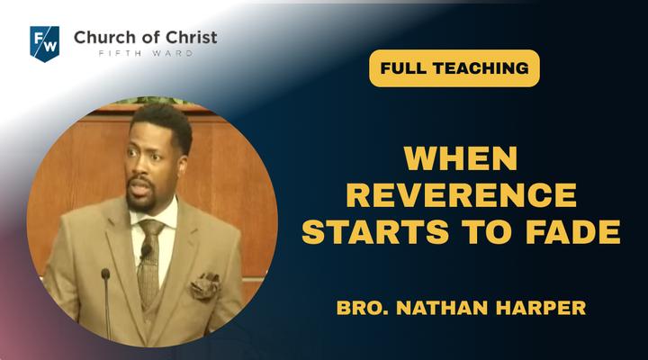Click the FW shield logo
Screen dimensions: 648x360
pyautogui.click(x=45, y=44)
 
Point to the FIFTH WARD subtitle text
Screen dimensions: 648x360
pyautogui.click(x=146, y=53)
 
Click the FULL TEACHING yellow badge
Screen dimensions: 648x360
pyautogui.click(x=454, y=68)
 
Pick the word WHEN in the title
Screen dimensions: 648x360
pyautogui.click(x=461, y=158)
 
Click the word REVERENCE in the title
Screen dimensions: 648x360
pyautogui.click(x=461, y=194)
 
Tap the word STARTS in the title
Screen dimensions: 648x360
pyautogui.click(x=375, y=231)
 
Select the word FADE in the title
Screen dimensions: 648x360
pyautogui.click(x=573, y=231)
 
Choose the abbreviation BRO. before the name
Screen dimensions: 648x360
pyautogui.click(x=363, y=308)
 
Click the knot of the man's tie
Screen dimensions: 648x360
pyautogui.click(x=150, y=228)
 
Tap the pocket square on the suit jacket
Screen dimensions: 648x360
pyautogui.click(x=205, y=285)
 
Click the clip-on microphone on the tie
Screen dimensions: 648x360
pyautogui.click(x=146, y=250)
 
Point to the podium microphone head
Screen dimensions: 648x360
pyautogui.click(x=105, y=274)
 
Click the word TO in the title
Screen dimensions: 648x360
pyautogui.click(x=488, y=231)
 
